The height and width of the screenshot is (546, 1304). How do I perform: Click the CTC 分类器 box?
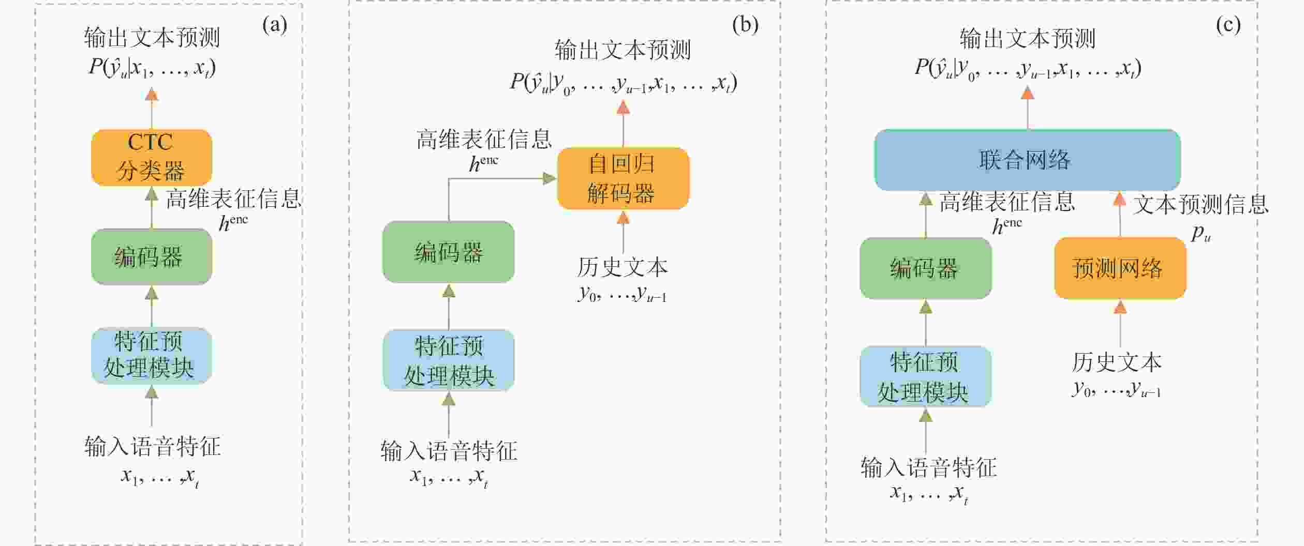click(x=152, y=157)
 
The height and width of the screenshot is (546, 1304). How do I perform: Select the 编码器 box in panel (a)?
click(x=152, y=256)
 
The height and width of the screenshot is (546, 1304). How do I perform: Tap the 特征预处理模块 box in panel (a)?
click(x=152, y=356)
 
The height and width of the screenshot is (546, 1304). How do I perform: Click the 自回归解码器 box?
click(x=623, y=178)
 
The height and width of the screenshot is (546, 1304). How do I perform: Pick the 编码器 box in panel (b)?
click(x=449, y=252)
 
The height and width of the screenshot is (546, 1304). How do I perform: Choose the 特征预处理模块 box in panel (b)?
click(x=449, y=360)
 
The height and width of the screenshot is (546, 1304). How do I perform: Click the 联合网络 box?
click(x=1027, y=160)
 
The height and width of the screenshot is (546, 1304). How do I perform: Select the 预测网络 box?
click(x=1120, y=268)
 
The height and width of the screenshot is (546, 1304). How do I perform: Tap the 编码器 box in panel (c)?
click(x=926, y=268)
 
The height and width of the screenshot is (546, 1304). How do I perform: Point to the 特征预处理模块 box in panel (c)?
click(x=926, y=376)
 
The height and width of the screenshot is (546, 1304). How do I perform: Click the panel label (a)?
click(x=274, y=24)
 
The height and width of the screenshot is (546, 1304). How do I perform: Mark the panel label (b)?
click(x=745, y=24)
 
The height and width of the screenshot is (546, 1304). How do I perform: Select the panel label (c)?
click(x=1228, y=24)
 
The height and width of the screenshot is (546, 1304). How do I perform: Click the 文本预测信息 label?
click(x=1201, y=205)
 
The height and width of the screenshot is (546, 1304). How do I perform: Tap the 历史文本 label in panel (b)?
click(x=623, y=267)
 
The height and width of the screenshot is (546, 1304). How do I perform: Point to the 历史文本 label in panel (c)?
click(x=1117, y=362)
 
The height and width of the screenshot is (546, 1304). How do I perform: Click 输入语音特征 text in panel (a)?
click(x=153, y=446)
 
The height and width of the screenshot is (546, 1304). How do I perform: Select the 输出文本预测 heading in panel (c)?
click(x=1028, y=38)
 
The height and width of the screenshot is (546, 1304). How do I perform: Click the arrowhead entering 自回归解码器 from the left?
click(x=550, y=178)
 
